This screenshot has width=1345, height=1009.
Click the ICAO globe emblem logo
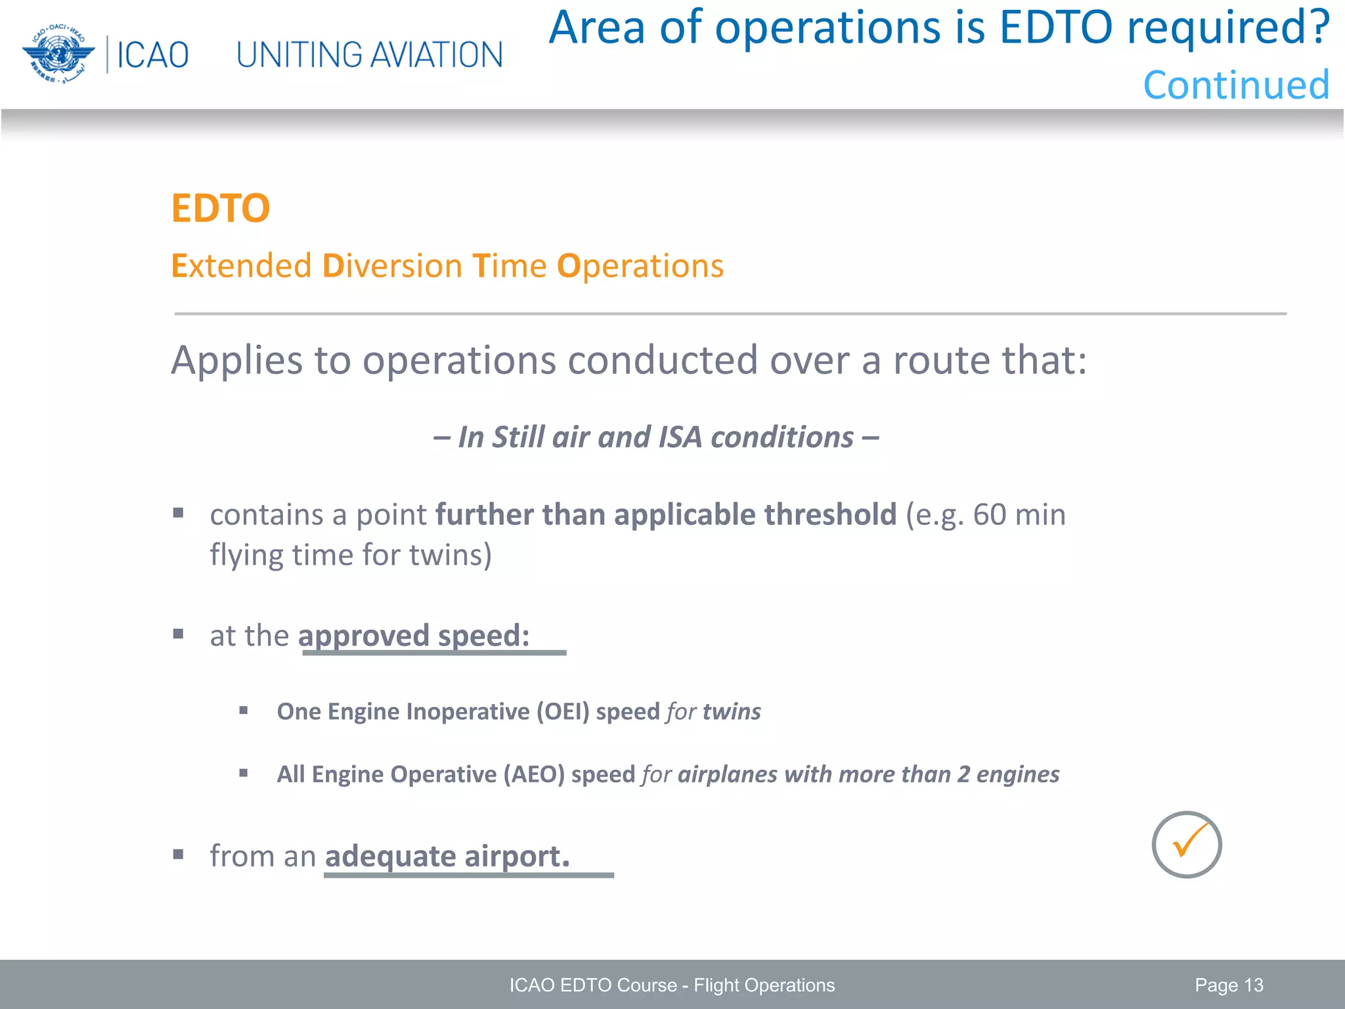click(x=58, y=54)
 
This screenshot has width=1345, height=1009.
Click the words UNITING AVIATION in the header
click(x=369, y=55)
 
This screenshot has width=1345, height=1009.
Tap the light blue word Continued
click(x=1236, y=85)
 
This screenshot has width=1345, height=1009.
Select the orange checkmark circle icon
click(x=1186, y=845)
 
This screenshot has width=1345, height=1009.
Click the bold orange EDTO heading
click(x=221, y=209)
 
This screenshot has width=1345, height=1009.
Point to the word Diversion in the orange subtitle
click(x=392, y=267)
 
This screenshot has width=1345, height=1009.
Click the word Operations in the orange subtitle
click(x=640, y=267)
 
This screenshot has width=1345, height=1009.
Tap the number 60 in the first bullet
click(x=989, y=515)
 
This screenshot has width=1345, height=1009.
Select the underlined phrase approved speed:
click(x=414, y=636)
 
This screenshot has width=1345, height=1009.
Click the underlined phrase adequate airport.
click(x=447, y=857)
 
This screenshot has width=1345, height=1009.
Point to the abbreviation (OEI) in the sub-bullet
click(x=563, y=712)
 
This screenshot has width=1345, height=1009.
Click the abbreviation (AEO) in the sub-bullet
click(x=534, y=774)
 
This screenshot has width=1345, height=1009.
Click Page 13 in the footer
click(x=1229, y=985)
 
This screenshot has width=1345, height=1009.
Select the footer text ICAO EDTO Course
click(x=592, y=985)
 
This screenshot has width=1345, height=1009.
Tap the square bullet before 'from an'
click(x=178, y=855)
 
